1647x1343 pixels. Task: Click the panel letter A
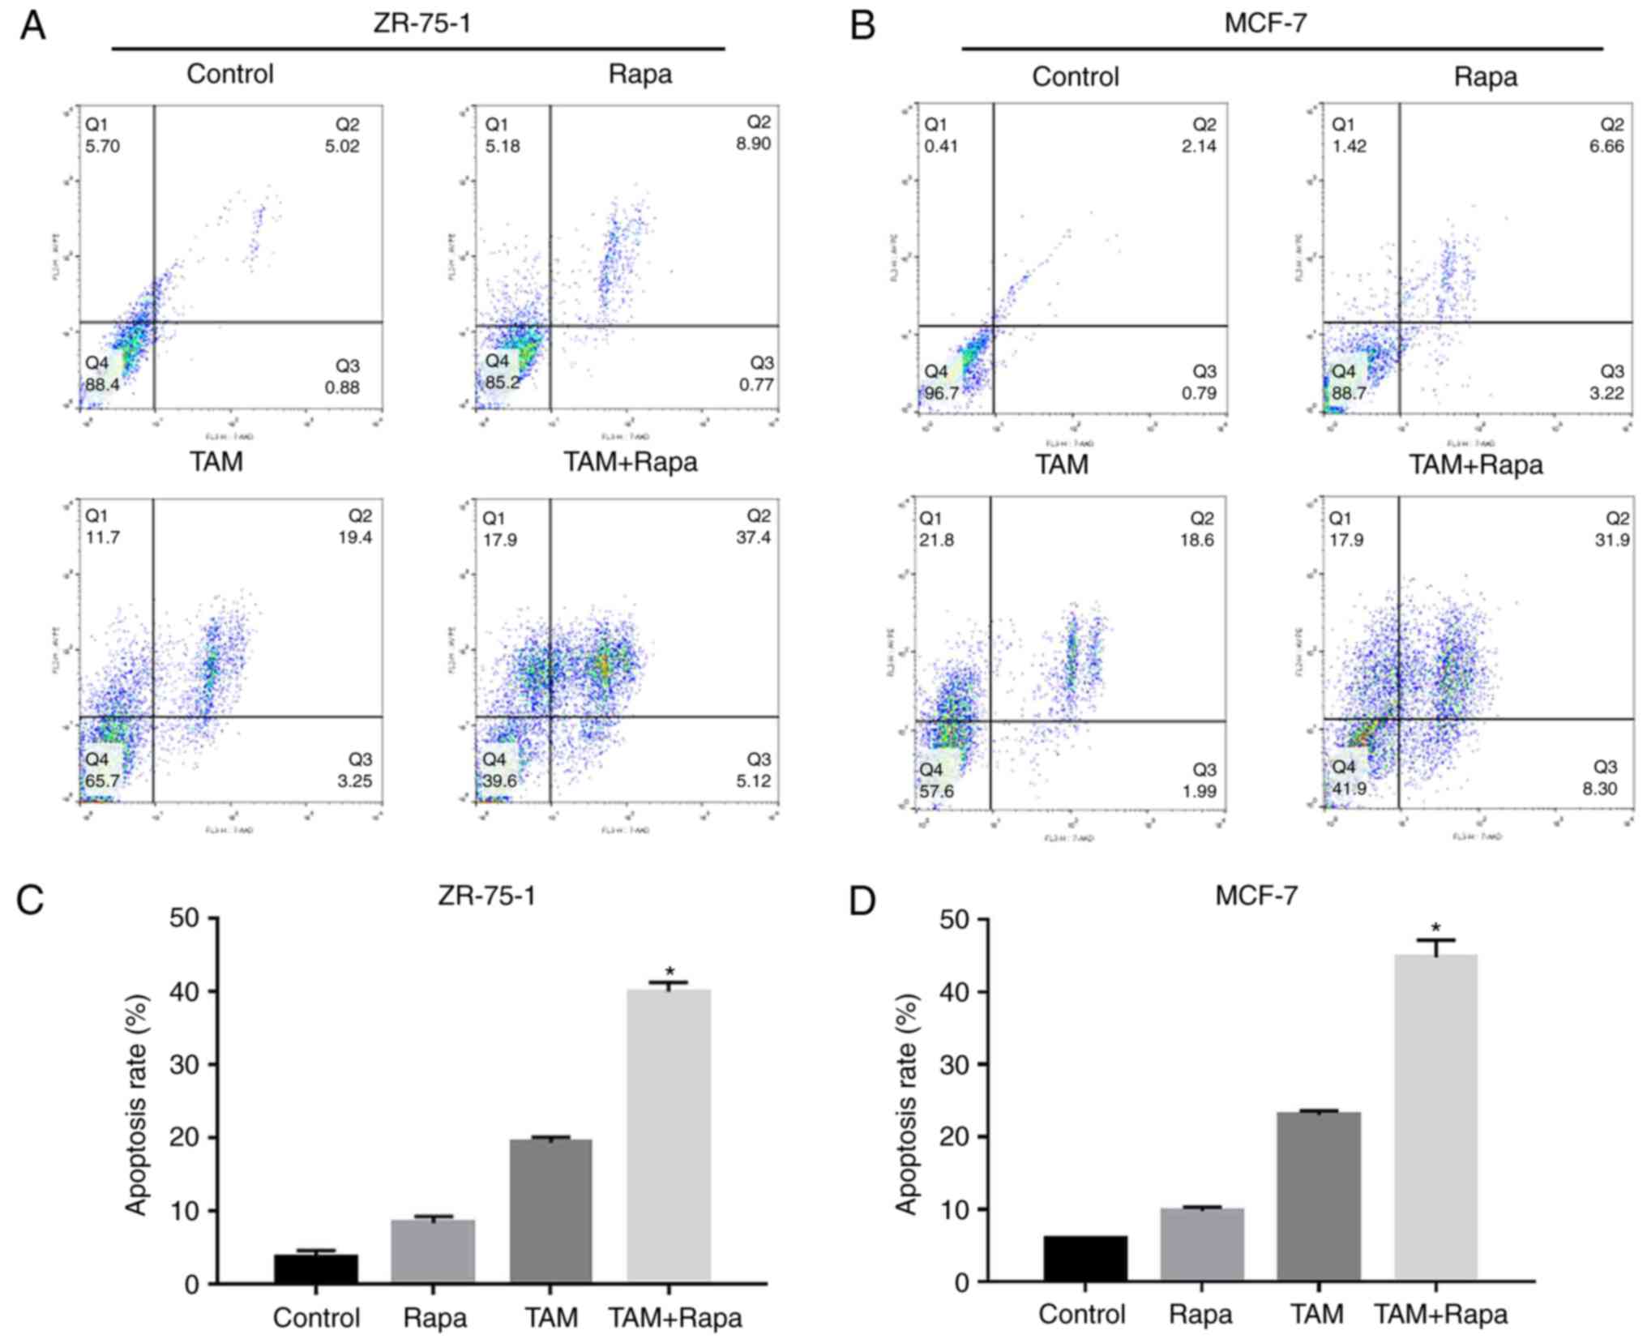(32, 26)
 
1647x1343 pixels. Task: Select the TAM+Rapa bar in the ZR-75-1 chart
(669, 1135)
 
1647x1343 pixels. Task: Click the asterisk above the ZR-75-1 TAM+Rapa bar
(669, 972)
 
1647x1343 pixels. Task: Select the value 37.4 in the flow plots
(753, 537)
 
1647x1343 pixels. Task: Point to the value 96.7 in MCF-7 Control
(941, 393)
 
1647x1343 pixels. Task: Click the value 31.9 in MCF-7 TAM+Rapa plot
(1611, 540)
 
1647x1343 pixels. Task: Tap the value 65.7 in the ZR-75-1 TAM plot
(102, 781)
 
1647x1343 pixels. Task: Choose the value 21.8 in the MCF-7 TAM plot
(936, 540)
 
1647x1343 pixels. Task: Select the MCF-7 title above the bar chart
(1256, 896)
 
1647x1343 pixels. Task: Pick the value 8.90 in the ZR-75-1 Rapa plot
(753, 143)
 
